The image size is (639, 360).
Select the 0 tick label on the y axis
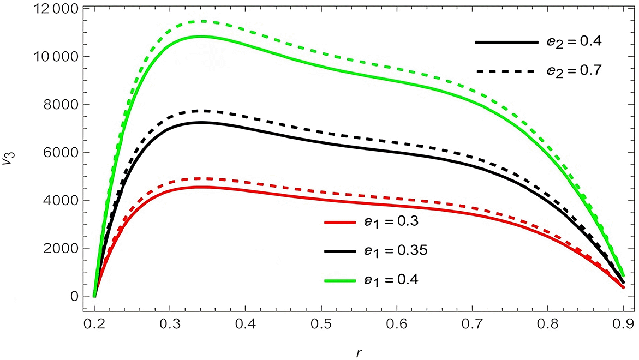coord(77,297)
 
